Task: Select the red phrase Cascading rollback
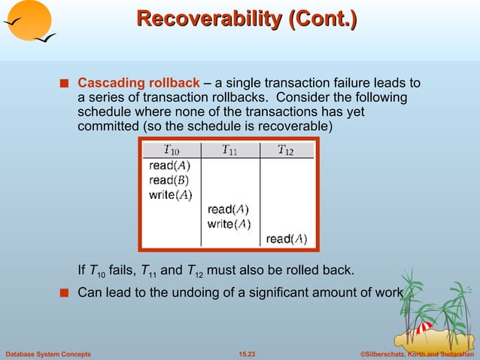click(x=139, y=82)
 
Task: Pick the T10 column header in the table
click(x=172, y=149)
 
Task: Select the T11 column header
click(x=229, y=149)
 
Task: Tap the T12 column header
click(x=286, y=149)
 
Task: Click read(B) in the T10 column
click(x=169, y=180)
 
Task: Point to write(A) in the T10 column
click(x=171, y=195)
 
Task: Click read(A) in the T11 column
click(x=228, y=209)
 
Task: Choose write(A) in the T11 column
click(x=229, y=224)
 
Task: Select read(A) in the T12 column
click(x=287, y=239)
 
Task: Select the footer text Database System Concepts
click(x=48, y=353)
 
